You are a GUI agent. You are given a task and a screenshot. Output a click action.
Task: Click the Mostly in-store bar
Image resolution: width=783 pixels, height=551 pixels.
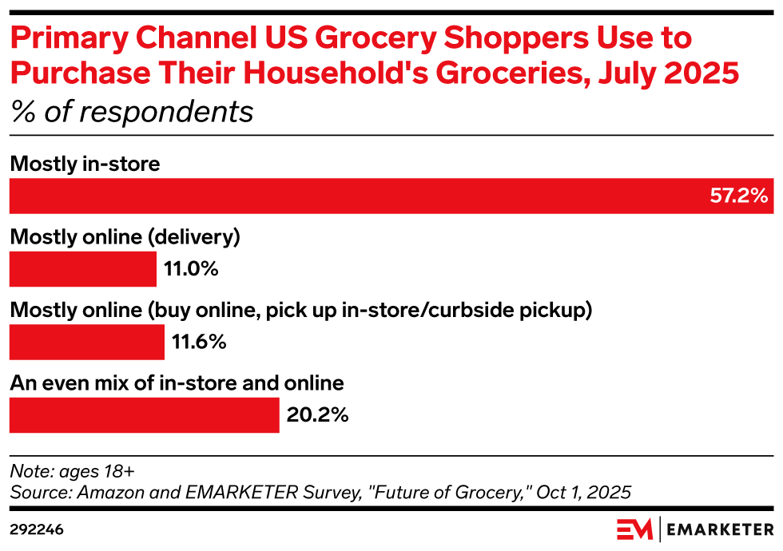391,196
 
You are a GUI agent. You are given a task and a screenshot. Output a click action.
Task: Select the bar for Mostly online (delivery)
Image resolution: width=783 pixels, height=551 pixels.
82,269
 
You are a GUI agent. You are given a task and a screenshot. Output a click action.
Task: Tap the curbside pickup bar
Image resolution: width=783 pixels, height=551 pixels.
86,343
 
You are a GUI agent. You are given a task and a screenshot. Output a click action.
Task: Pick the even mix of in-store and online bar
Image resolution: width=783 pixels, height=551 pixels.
144,416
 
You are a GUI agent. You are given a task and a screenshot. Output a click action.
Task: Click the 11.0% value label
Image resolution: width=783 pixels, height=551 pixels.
191,269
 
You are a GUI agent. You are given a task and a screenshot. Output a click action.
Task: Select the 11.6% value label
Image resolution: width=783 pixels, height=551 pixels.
199,343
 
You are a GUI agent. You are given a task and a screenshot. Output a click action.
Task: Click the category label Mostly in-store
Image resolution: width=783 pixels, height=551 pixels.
85,164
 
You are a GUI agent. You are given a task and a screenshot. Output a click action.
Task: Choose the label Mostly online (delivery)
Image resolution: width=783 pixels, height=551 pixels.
125,237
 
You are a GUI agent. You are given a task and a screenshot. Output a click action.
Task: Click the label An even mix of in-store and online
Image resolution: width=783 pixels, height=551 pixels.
177,383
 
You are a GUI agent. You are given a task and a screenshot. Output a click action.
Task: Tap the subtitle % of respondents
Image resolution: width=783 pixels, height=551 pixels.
131,112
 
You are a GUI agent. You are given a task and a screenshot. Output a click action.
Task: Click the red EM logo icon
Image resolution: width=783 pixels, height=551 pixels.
635,529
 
